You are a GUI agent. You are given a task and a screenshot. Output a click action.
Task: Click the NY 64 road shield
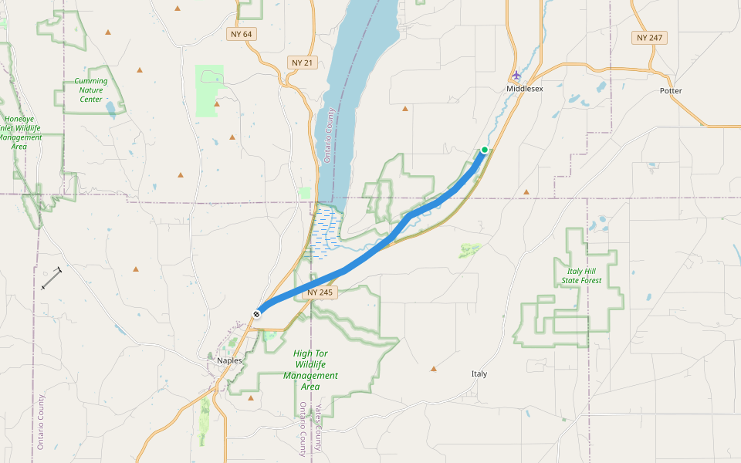tap(241, 35)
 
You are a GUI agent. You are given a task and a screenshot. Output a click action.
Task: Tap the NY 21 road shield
tap(303, 63)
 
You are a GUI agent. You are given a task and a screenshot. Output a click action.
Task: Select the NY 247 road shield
tap(648, 38)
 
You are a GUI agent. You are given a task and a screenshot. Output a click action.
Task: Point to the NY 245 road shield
tap(319, 292)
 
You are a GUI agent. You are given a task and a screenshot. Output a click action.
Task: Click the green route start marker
tap(485, 150)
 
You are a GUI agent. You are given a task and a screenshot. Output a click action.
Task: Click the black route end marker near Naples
tap(257, 313)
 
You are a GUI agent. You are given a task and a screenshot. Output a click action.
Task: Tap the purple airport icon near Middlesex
tap(516, 76)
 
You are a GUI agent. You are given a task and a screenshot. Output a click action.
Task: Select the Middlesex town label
tap(525, 90)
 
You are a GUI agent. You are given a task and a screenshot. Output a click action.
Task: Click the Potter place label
tap(671, 91)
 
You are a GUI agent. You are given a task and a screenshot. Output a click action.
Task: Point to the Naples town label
tap(229, 360)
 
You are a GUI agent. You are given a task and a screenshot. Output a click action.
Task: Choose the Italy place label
tap(479, 374)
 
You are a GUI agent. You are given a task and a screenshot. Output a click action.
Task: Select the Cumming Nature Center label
tap(91, 90)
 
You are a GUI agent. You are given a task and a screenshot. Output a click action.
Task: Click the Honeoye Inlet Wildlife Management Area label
tap(19, 133)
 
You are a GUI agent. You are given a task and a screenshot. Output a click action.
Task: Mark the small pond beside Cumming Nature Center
tap(111, 106)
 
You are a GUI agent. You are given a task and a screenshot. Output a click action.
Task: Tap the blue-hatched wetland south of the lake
tap(325, 231)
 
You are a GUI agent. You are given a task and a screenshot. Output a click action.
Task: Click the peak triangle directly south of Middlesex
tap(526, 191)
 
